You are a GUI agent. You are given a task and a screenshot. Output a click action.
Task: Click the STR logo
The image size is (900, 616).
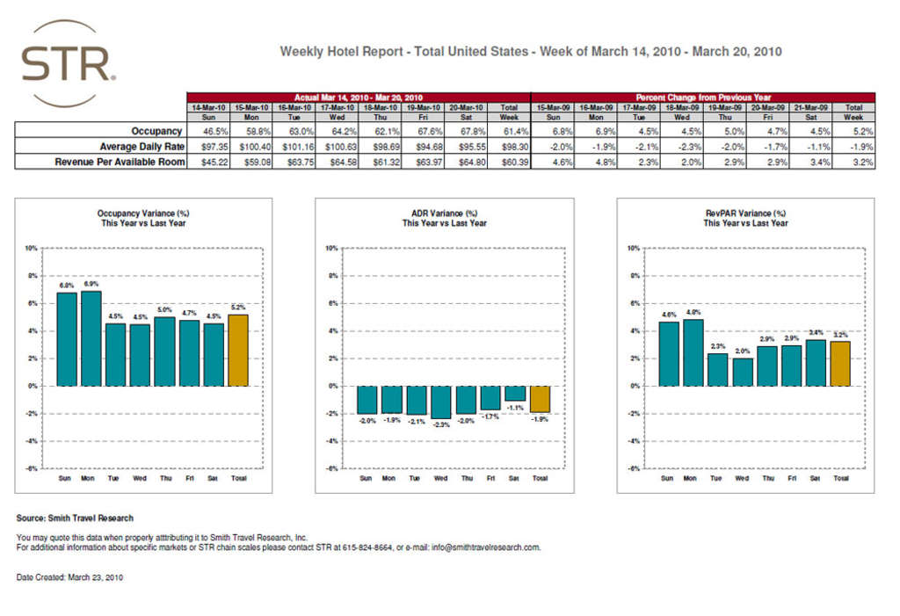point(68,64)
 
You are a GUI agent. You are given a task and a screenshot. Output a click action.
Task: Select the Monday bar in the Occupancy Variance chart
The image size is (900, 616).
point(91,338)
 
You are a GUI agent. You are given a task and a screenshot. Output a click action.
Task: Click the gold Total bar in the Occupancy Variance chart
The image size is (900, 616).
point(237,351)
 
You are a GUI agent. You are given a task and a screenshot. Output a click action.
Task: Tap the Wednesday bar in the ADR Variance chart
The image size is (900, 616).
point(440,402)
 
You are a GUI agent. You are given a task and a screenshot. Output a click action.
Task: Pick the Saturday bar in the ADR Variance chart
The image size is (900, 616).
point(515,394)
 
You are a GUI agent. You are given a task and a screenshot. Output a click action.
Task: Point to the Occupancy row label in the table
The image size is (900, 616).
point(156,131)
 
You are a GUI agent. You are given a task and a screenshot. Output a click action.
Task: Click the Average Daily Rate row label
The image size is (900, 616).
point(141,147)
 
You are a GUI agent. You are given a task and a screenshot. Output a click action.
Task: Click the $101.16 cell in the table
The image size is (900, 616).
point(294,147)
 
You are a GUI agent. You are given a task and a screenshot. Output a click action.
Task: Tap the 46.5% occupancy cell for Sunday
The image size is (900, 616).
point(208,131)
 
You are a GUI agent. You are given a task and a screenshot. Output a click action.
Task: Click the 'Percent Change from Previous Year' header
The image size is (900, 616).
point(703,97)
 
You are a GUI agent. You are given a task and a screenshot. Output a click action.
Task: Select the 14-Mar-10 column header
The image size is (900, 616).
point(208,106)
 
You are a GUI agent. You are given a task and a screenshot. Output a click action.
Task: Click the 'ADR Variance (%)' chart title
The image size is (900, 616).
point(444,213)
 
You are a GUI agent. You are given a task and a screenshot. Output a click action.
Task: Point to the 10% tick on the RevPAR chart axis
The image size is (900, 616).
point(633,249)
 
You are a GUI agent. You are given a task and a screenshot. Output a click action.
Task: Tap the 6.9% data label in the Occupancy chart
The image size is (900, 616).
point(91,284)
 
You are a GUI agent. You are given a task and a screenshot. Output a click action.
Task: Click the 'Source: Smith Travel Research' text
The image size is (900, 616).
point(75,518)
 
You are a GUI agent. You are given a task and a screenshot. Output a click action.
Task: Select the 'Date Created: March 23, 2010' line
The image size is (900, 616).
point(69,577)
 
